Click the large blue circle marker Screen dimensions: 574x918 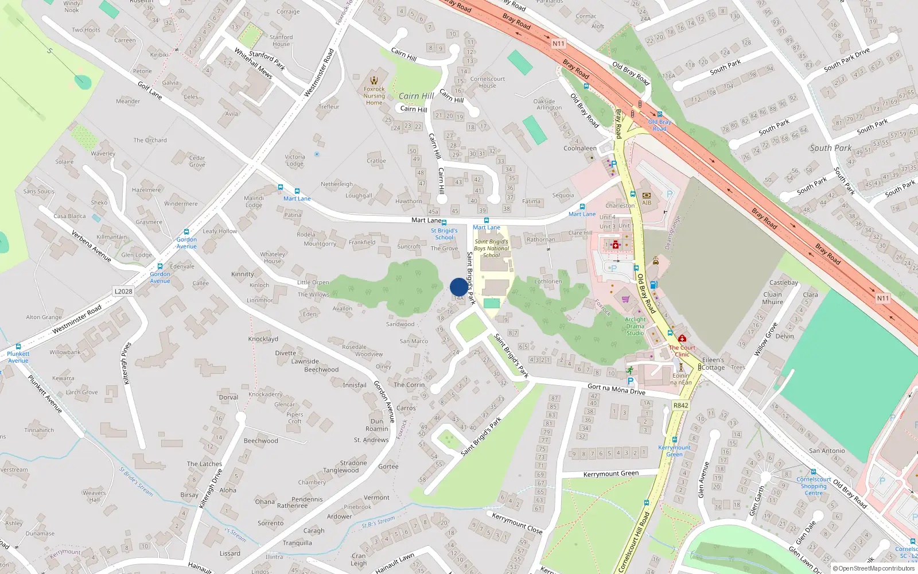[458, 287]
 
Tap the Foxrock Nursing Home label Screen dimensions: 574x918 [374, 96]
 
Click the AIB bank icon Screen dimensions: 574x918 [647, 195]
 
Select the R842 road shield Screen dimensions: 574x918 [680, 405]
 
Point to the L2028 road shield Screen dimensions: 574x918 [123, 291]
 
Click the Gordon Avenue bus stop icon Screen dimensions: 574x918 [186, 232]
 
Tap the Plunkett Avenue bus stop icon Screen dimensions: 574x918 [18, 347]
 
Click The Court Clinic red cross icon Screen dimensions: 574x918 [682, 339]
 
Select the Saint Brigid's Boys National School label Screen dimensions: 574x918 [492, 249]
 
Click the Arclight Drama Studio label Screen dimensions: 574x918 [635, 326]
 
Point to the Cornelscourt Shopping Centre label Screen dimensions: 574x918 [814, 486]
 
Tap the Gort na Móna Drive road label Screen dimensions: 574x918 [616, 390]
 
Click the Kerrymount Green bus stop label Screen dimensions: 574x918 [674, 451]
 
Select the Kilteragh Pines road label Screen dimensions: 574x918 [126, 363]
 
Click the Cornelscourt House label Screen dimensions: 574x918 [488, 82]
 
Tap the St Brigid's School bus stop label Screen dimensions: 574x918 [444, 234]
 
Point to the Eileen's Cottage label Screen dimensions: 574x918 [713, 363]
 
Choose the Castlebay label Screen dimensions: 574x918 [783, 282]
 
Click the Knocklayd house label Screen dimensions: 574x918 [263, 339]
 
